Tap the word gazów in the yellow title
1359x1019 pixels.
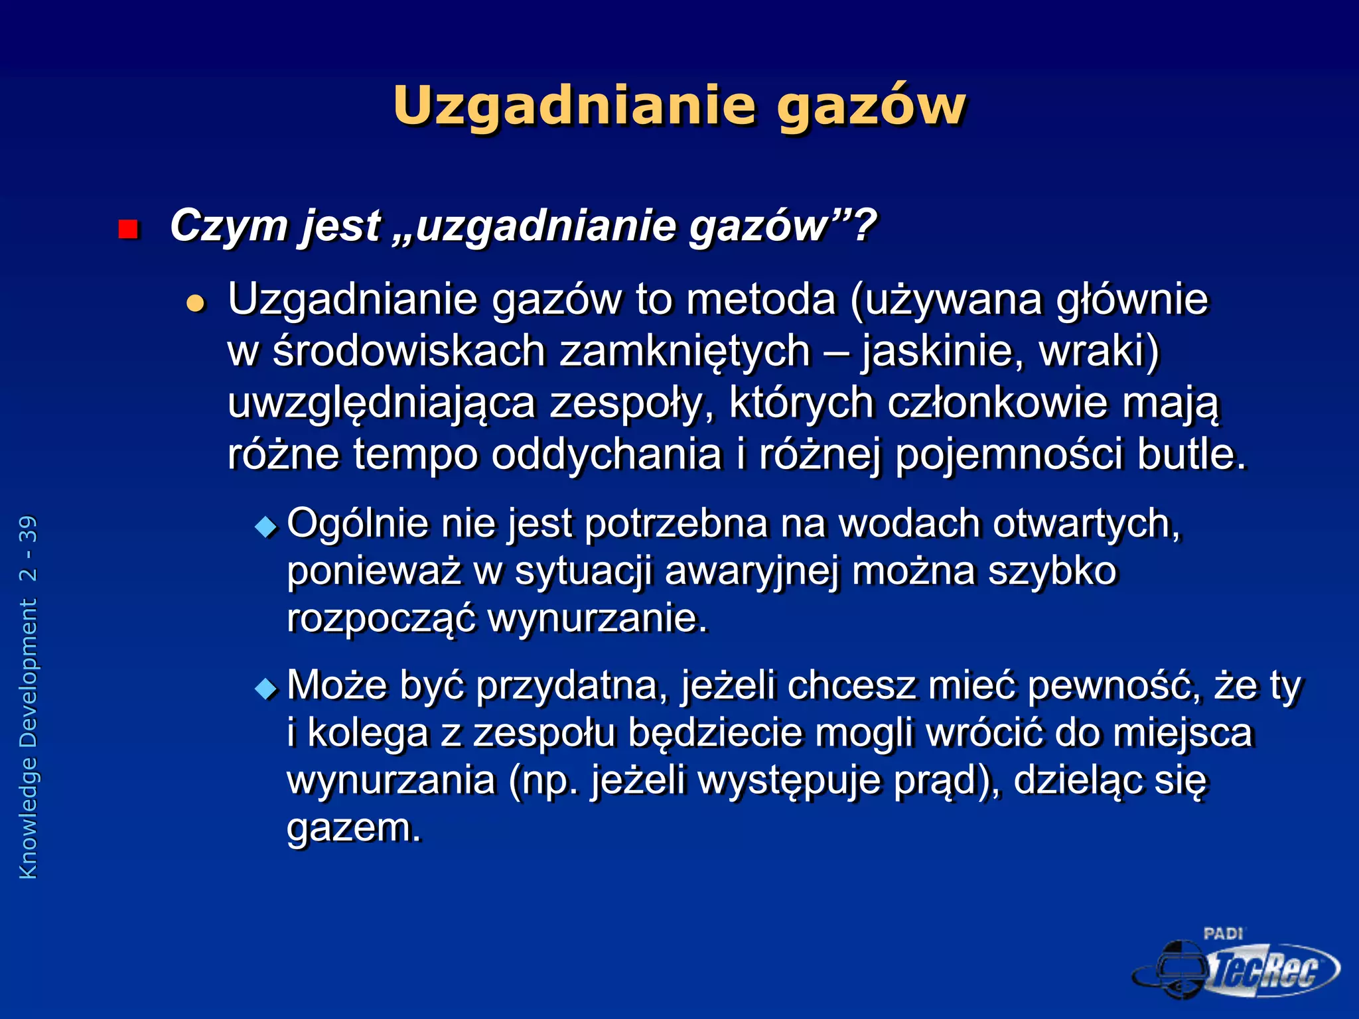[x=871, y=106]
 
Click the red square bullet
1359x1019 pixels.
[x=127, y=230]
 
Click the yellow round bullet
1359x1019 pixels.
[x=196, y=303]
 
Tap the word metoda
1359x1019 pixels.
[x=760, y=300]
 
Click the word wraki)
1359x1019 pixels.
[x=1098, y=351]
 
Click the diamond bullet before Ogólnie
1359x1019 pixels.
[x=267, y=527]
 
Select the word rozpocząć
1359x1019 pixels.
[x=381, y=619]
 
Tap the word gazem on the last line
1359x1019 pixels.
[x=353, y=828]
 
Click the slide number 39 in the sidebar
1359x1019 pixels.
[x=29, y=529]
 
